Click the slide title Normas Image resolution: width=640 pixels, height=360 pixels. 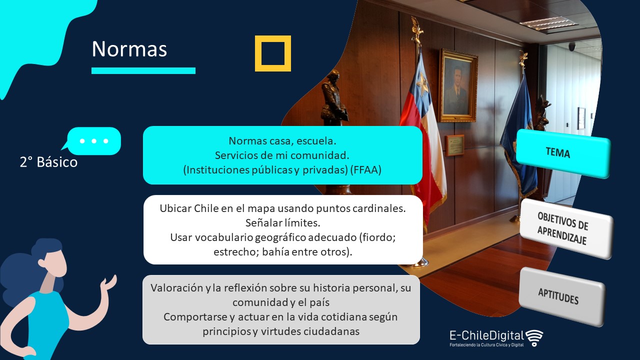[129, 49]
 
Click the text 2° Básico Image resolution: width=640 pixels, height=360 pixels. [48, 162]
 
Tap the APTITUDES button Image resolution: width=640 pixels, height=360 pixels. [561, 296]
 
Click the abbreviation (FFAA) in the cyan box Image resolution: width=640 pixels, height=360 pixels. [365, 170]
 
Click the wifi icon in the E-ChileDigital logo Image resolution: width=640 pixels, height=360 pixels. [534, 337]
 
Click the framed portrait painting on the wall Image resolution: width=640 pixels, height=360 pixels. [458, 85]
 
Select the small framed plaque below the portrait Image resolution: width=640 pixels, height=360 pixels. [455, 145]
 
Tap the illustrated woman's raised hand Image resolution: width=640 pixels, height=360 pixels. [109, 282]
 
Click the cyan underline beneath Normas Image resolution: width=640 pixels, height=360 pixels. [143, 70]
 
